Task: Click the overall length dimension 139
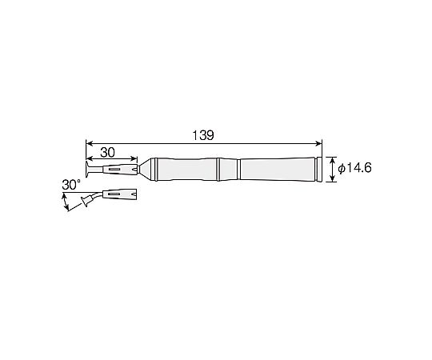click(203, 135)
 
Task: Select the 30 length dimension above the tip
click(107, 152)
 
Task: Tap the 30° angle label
click(71, 185)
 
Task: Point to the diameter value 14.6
click(358, 168)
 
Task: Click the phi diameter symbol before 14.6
click(342, 168)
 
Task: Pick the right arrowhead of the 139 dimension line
click(318, 143)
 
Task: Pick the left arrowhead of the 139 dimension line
click(90, 143)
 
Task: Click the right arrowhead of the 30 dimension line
click(134, 158)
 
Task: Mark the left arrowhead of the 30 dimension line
click(90, 158)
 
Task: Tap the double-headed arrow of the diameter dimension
click(333, 170)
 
